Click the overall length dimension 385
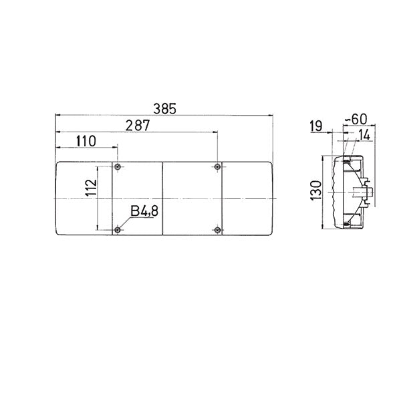pos(164,108)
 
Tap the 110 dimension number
pos(86,140)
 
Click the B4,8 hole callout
pos(144,212)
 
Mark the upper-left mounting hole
pos(117,166)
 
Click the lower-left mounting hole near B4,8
pos(117,231)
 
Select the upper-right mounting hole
pos(219,166)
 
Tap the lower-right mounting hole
pos(219,231)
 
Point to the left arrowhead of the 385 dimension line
pos(57,115)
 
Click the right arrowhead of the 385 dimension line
pos(270,115)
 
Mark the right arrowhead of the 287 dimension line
pos(216,132)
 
